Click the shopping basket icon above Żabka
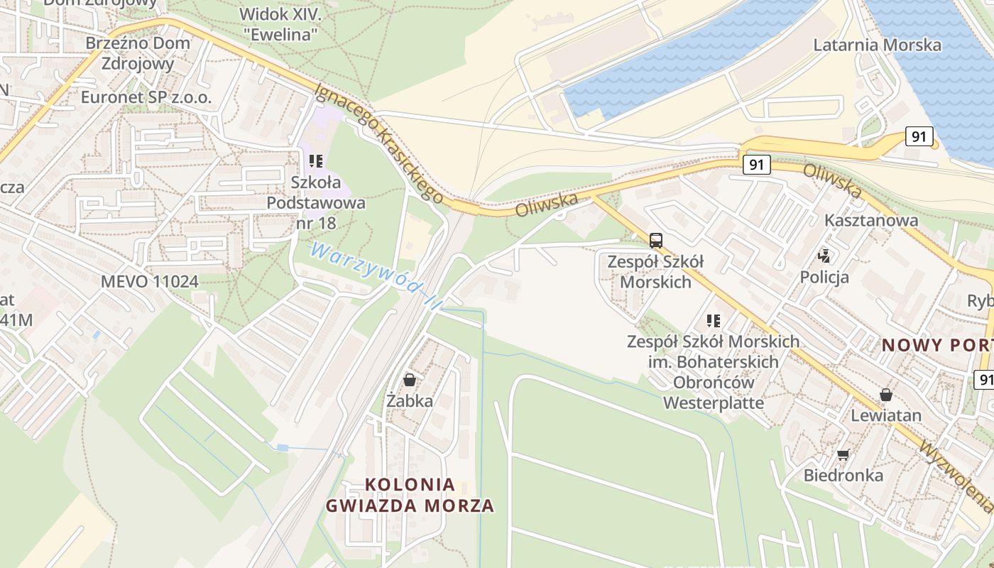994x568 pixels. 409,381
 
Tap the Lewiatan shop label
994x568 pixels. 886,415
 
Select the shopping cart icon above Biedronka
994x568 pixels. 843,454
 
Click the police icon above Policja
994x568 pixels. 824,255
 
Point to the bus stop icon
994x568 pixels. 655,240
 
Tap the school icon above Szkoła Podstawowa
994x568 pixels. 316,161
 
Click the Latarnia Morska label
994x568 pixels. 877,45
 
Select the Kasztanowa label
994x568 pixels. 870,220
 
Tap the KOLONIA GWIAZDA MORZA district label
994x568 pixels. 410,495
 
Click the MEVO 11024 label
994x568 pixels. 149,281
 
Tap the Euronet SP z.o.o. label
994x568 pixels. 146,97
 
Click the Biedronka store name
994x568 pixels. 843,475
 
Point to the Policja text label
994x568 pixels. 824,277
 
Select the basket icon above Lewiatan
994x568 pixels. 885,395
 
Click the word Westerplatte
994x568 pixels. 713,403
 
